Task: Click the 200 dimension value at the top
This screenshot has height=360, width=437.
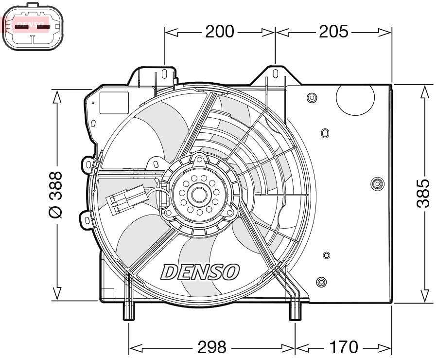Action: click(x=219, y=32)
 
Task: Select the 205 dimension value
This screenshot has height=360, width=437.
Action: click(x=333, y=32)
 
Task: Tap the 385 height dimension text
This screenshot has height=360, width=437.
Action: click(x=424, y=193)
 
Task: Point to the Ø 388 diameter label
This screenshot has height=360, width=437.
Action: click(x=56, y=194)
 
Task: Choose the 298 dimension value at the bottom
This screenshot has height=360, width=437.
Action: click(x=212, y=347)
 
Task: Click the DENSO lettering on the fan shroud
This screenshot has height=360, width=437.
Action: click(x=200, y=271)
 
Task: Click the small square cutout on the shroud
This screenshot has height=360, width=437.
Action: click(x=114, y=102)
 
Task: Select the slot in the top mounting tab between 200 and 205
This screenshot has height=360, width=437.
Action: click(x=275, y=74)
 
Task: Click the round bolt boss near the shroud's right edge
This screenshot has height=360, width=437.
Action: click(x=376, y=183)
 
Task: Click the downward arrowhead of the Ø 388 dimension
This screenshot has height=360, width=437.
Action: click(x=56, y=294)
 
